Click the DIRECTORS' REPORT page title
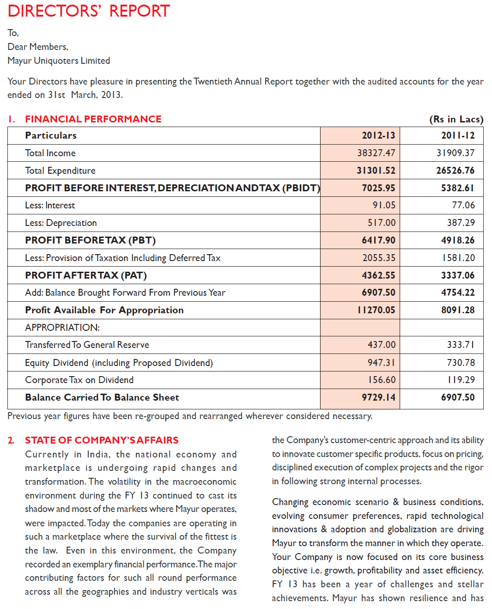pos(89,11)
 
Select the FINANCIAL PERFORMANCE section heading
pos(93,119)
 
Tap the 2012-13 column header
pos(378,135)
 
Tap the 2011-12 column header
pos(458,135)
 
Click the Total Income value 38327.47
pos(376,153)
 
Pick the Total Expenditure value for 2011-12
pos(455,171)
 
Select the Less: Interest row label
pos(50,205)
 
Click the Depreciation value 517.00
pos(382,223)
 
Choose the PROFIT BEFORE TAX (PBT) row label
pos(90,240)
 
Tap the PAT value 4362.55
pos(378,275)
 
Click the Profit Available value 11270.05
pos(376,310)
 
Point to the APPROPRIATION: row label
pos(62,328)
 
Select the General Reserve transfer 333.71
pos(461,345)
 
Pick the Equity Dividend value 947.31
pos(381,363)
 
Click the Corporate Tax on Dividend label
pos(79,380)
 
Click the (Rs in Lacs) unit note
pos(456,119)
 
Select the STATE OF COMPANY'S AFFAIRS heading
pos(102,440)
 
